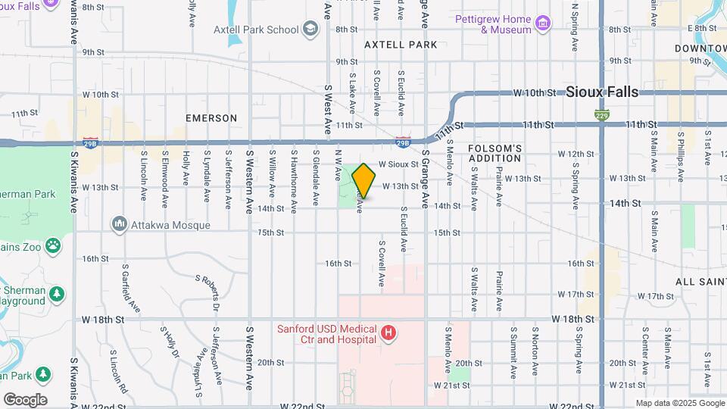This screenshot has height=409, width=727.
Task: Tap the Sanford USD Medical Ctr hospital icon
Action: point(388,333)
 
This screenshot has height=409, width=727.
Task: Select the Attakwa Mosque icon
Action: point(119,223)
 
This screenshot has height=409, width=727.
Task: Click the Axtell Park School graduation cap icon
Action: point(309,30)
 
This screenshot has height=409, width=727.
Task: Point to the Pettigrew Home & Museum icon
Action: point(542,24)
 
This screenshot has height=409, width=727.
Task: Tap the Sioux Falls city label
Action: point(602,92)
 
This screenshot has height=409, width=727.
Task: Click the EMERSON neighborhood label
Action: point(211,118)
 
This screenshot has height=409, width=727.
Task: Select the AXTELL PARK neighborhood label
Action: point(401,45)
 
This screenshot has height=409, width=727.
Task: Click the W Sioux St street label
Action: point(398,164)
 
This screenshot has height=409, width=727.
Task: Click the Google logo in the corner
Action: point(24,399)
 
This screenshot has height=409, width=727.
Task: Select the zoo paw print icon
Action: point(52,245)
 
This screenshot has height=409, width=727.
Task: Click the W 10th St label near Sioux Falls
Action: point(535,93)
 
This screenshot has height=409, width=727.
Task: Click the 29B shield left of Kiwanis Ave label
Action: point(91,142)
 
